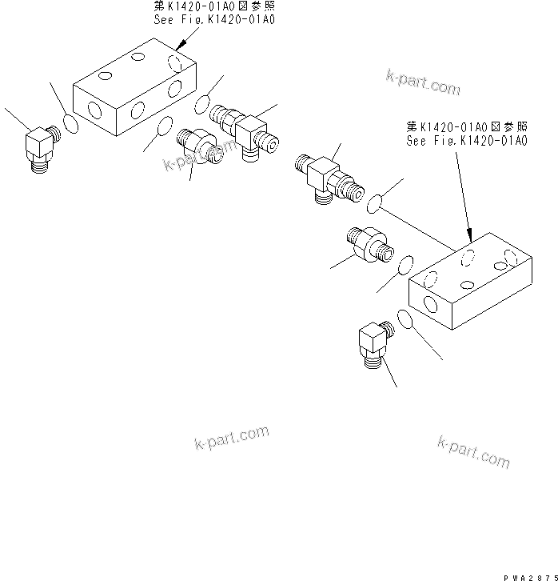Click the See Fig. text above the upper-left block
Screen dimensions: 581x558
point(213,19)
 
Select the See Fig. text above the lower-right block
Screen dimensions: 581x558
point(467,141)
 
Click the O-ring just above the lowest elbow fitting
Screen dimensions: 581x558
point(405,320)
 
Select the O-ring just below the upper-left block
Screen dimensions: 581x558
point(165,126)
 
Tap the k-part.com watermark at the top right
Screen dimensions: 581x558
point(422,81)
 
